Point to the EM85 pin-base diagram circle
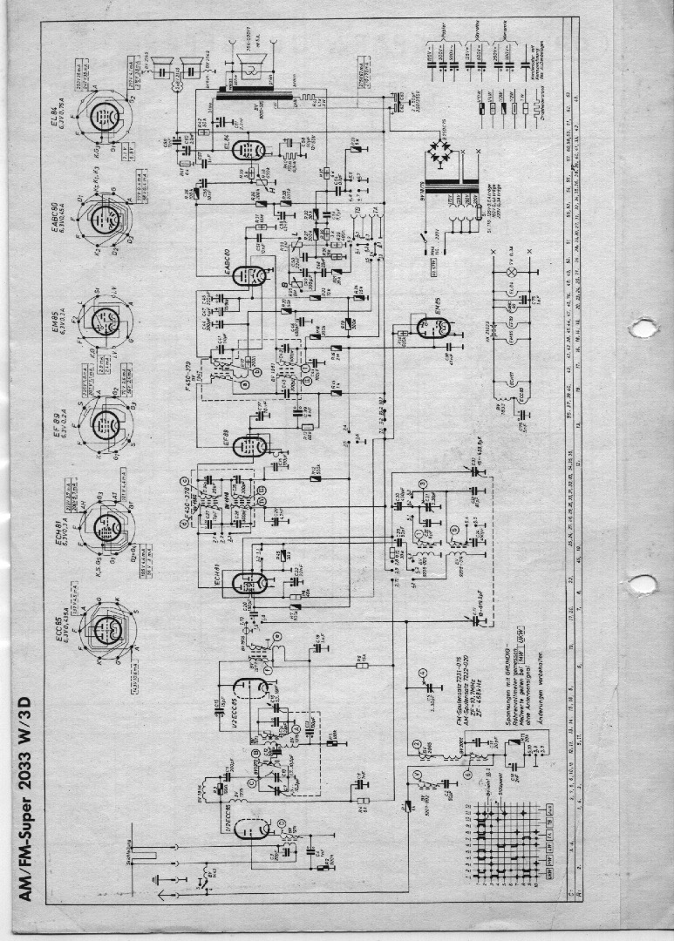coord(104,320)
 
